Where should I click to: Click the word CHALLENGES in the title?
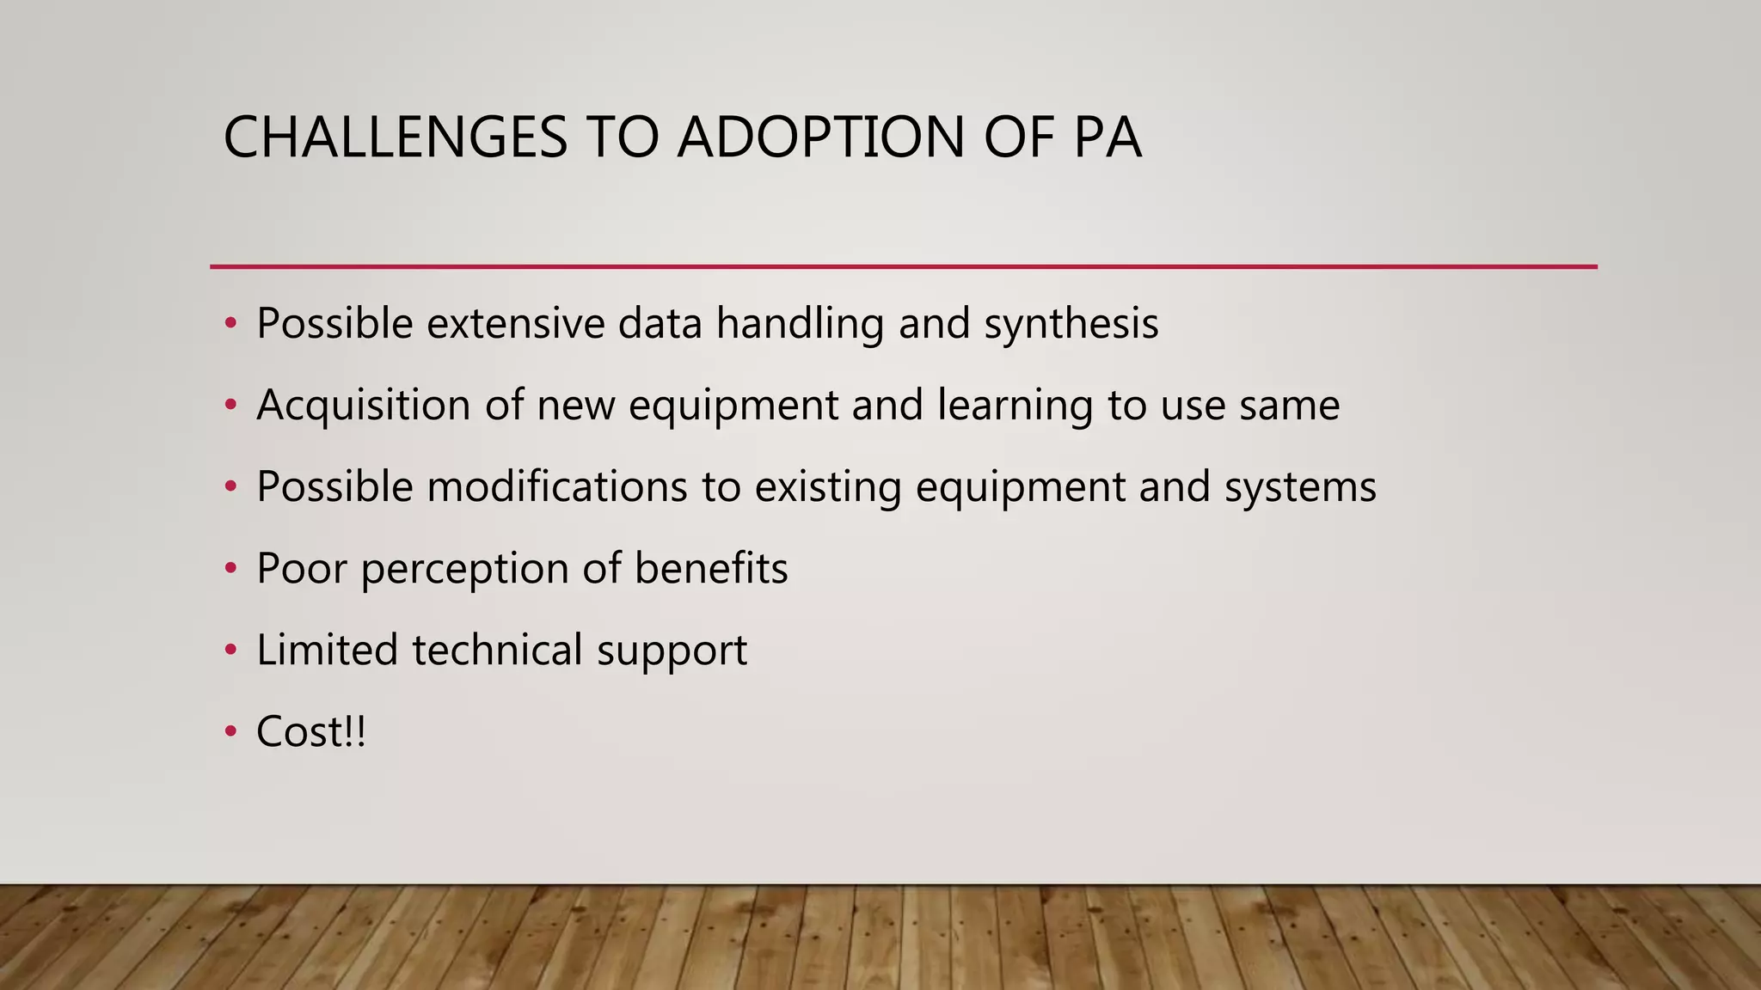[x=395, y=137]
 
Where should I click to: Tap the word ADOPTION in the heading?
[x=820, y=137]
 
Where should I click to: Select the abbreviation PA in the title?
[x=1108, y=137]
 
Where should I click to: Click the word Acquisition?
[x=363, y=406]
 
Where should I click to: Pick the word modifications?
[x=557, y=487]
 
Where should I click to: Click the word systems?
[x=1300, y=487]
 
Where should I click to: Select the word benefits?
[x=711, y=569]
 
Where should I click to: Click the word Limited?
[x=327, y=651]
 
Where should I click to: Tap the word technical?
[x=497, y=651]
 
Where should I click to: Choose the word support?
[x=672, y=651]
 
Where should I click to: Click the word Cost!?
[x=311, y=732]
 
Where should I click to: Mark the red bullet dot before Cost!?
[x=230, y=732]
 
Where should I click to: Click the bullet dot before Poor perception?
[x=230, y=569]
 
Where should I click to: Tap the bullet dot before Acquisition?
[x=230, y=406]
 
